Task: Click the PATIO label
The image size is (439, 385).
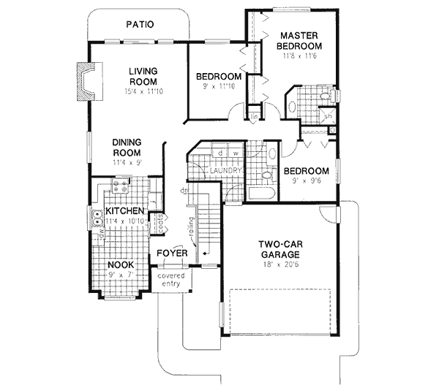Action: pos(139,24)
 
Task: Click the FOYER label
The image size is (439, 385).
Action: pos(173,254)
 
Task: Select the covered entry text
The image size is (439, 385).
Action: pos(170,279)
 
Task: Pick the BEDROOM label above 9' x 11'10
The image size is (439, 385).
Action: pos(219,77)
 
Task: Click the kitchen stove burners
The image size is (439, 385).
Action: pos(120,190)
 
